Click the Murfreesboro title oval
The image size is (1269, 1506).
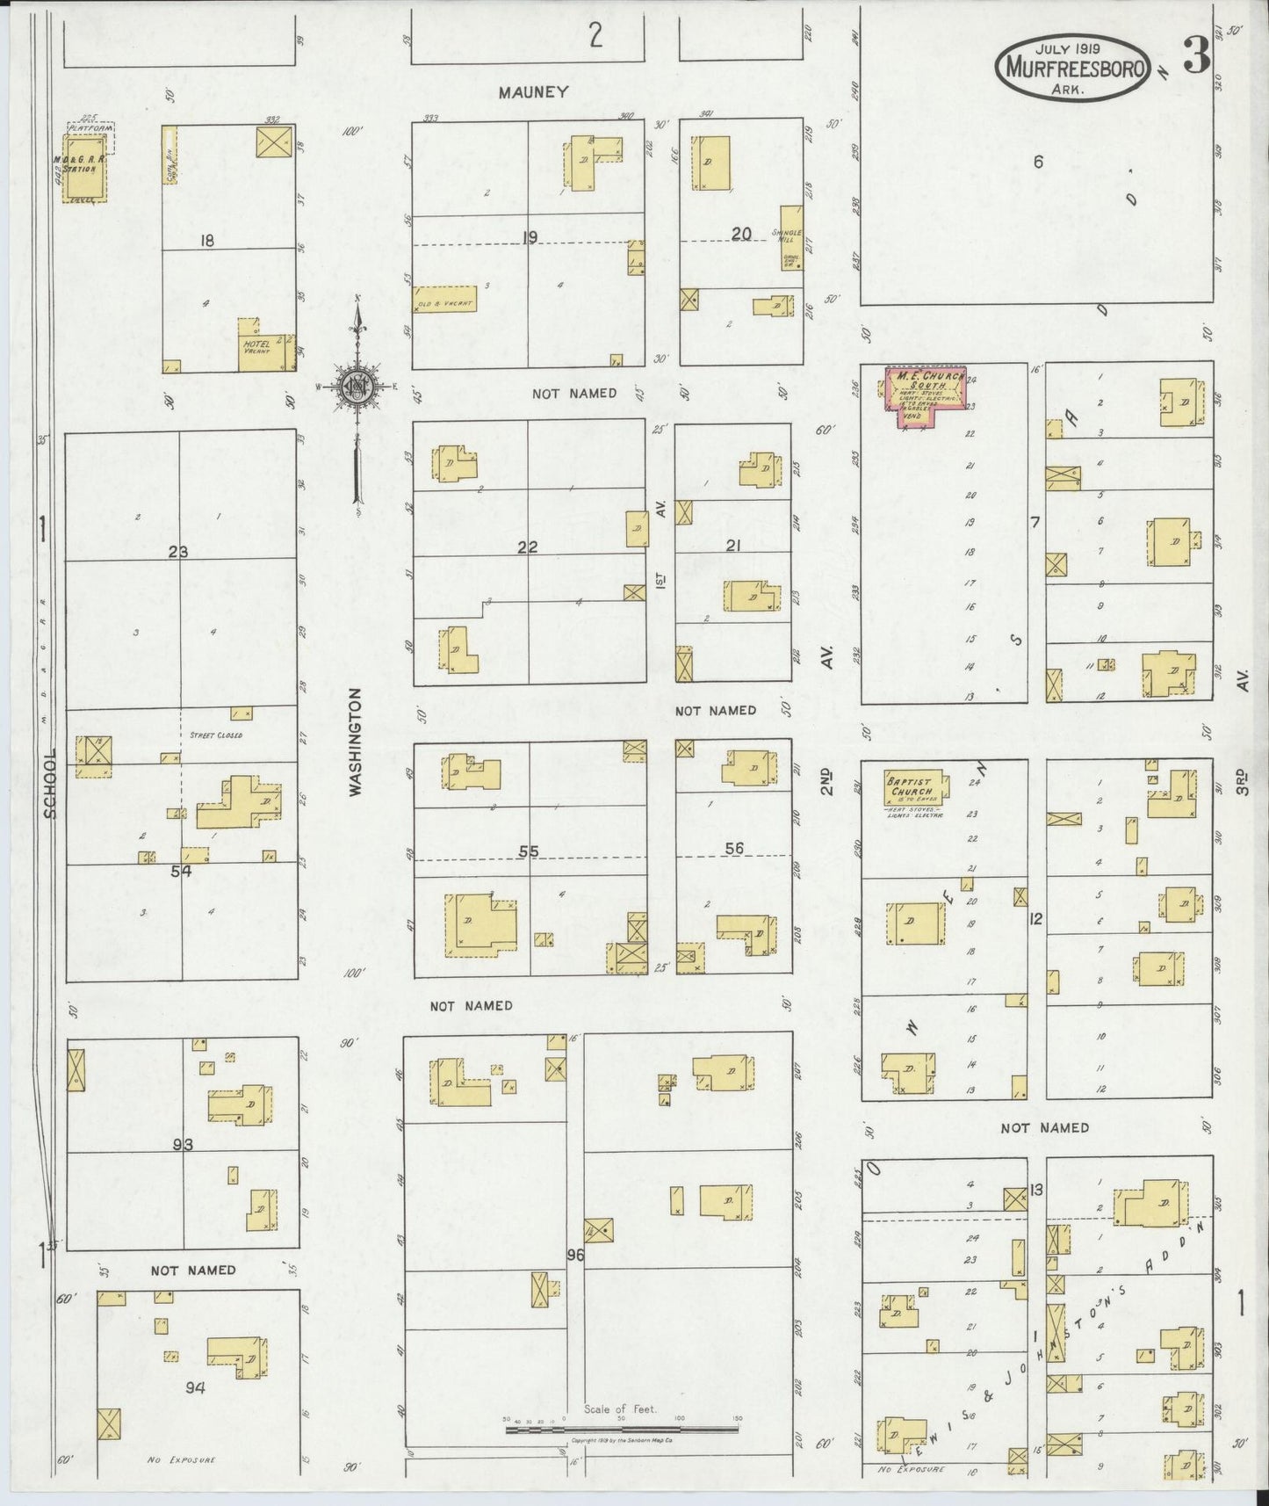pos(1071,67)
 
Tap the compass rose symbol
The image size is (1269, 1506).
pos(358,386)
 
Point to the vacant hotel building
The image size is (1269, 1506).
pos(266,349)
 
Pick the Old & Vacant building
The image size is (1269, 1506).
pos(445,300)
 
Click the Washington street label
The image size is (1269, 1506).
pos(356,742)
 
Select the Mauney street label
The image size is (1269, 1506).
pos(533,92)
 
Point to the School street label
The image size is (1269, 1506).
pos(49,784)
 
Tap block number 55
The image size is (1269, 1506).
pos(528,851)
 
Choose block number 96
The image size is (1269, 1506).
pos(575,1255)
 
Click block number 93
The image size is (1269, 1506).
pos(183,1144)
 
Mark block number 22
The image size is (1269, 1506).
pos(527,547)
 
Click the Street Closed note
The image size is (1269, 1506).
pos(215,735)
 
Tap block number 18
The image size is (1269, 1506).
pos(206,240)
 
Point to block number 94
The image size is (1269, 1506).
pos(195,1387)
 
